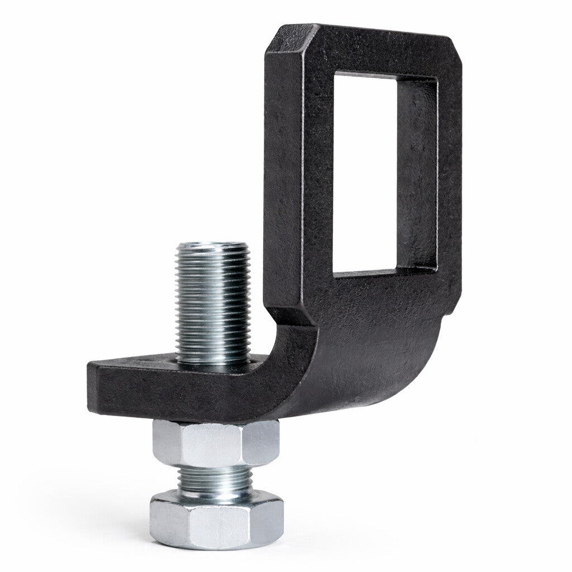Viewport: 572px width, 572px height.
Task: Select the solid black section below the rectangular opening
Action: click(x=374, y=318)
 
